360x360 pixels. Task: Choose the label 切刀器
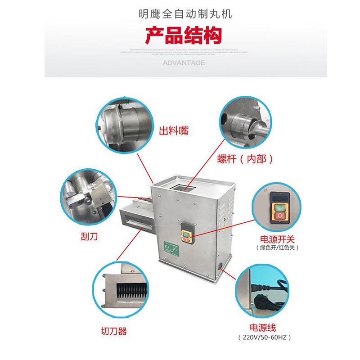(x=113, y=332)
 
